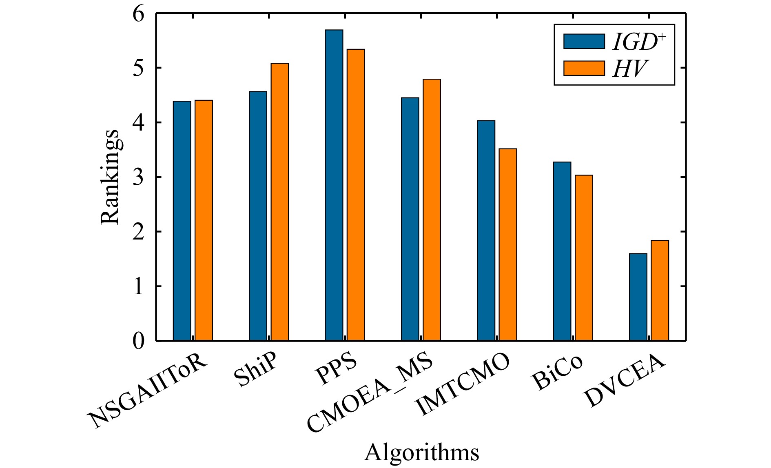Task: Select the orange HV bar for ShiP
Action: tap(279, 202)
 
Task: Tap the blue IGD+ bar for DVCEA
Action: tap(638, 297)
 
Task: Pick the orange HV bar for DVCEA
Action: tap(660, 290)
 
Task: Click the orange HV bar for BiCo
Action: tap(584, 257)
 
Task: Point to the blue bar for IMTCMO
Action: tap(486, 230)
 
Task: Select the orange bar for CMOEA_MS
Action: tap(432, 210)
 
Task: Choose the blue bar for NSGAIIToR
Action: tap(182, 220)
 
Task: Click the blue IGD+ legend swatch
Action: tap(584, 41)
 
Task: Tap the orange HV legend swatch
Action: tap(584, 68)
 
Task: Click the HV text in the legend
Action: tap(629, 69)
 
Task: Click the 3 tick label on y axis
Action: tap(139, 177)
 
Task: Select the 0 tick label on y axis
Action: tap(139, 341)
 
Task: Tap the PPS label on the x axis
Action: tap(337, 370)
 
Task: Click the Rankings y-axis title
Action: tap(110, 177)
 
